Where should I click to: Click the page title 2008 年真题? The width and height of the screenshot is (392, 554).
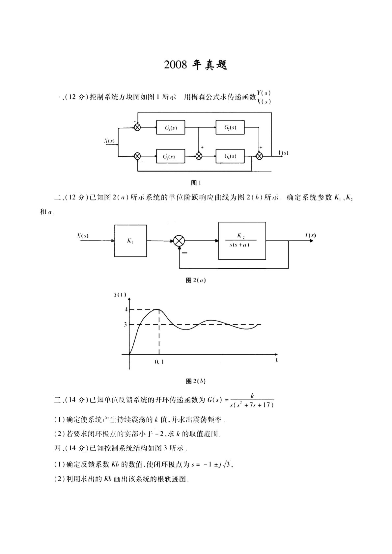pos(196,65)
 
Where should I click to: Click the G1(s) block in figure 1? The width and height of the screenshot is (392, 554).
pos(171,127)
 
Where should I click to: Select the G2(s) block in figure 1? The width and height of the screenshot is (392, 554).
pos(230,127)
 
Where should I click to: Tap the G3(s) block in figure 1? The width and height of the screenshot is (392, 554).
pos(171,156)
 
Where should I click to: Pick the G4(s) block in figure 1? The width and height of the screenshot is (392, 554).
pos(230,156)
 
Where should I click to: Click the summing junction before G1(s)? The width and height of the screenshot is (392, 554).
pos(137,127)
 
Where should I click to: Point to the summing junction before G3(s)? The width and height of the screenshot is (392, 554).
pos(137,156)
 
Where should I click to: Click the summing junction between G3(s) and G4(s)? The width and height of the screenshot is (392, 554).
pos(199,156)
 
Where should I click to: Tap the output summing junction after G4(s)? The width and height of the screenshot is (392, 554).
pos(260,156)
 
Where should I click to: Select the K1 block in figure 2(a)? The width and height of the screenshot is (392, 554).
pos(130,241)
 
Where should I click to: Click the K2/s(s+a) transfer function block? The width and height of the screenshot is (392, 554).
pos(242,241)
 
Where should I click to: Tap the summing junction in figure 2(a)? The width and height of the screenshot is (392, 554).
pos(179,241)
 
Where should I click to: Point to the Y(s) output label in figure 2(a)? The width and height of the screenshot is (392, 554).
pos(310,235)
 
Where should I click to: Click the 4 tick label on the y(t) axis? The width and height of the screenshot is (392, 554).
pos(126,309)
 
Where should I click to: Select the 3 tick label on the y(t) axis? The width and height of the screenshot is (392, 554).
pos(126,325)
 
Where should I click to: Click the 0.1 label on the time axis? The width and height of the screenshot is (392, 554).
pos(159,362)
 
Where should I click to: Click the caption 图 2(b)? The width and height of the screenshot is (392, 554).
pos(196,381)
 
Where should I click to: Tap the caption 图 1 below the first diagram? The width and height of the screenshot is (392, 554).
pos(196,182)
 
